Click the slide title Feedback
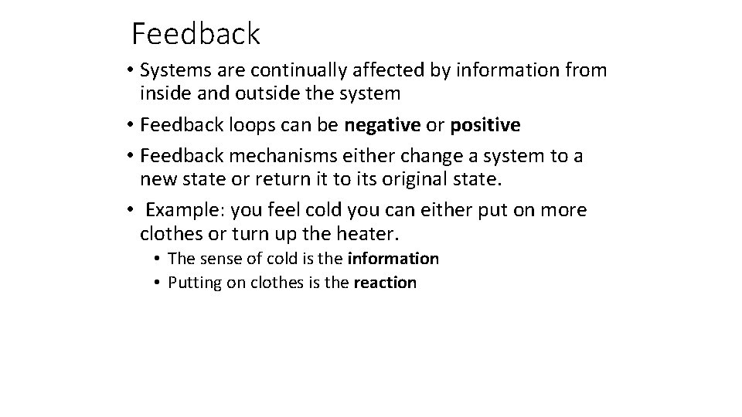(196, 34)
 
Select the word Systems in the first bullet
(175, 71)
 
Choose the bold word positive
(485, 125)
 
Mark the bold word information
(393, 259)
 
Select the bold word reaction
(385, 283)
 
